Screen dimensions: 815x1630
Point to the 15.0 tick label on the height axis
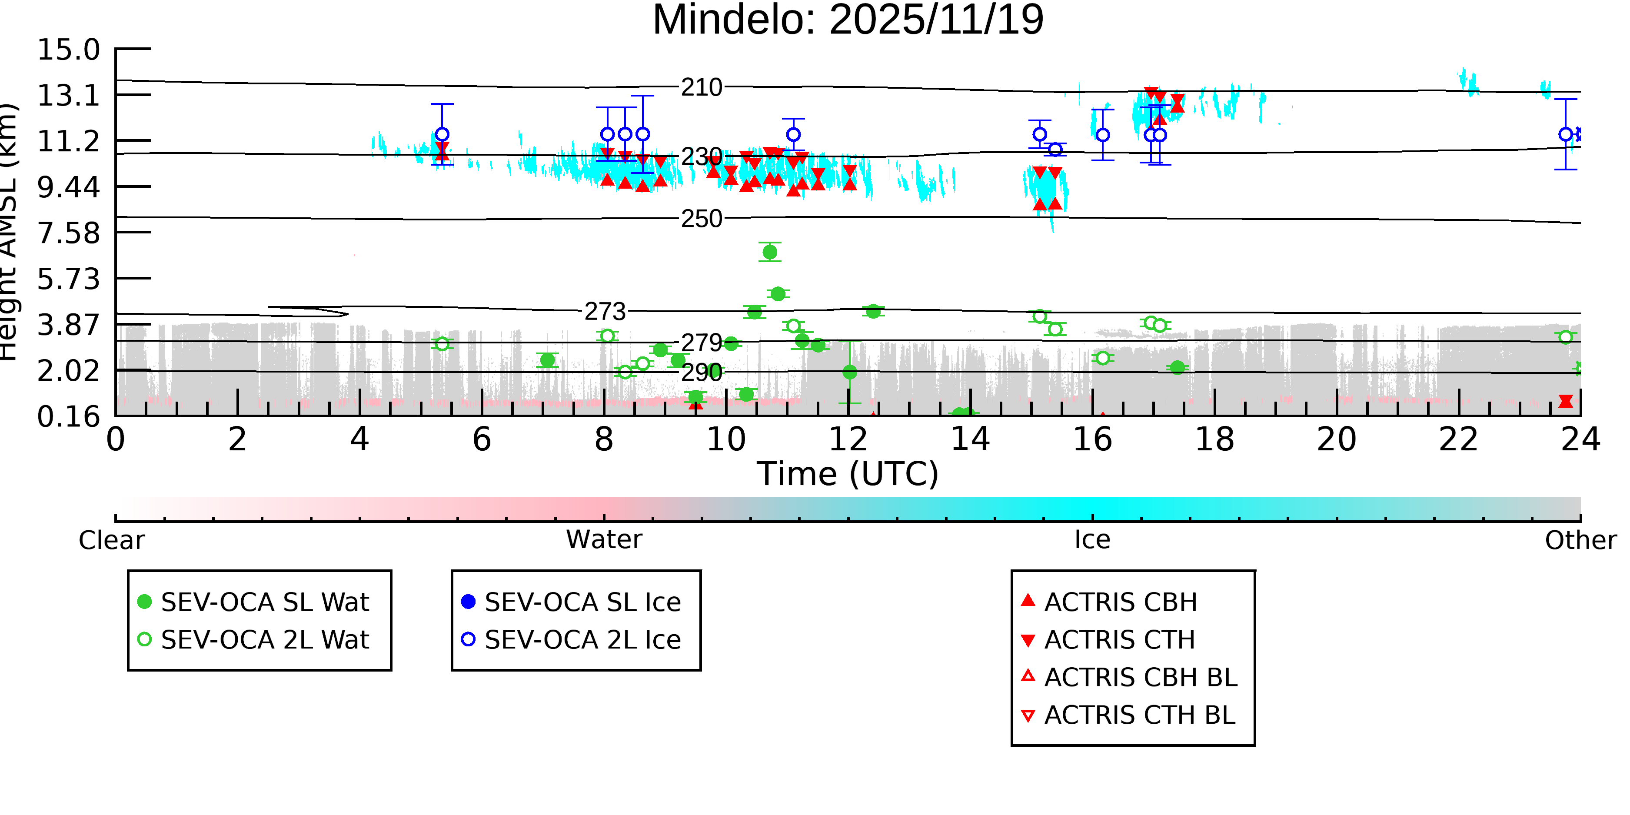[68, 50]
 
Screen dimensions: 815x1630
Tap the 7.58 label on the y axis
[68, 233]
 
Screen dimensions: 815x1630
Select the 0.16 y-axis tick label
[68, 417]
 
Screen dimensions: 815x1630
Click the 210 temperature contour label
[701, 87]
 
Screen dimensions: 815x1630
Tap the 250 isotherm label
[701, 219]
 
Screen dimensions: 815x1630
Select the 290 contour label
[701, 373]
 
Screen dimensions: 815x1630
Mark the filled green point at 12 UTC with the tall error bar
[850, 373]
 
